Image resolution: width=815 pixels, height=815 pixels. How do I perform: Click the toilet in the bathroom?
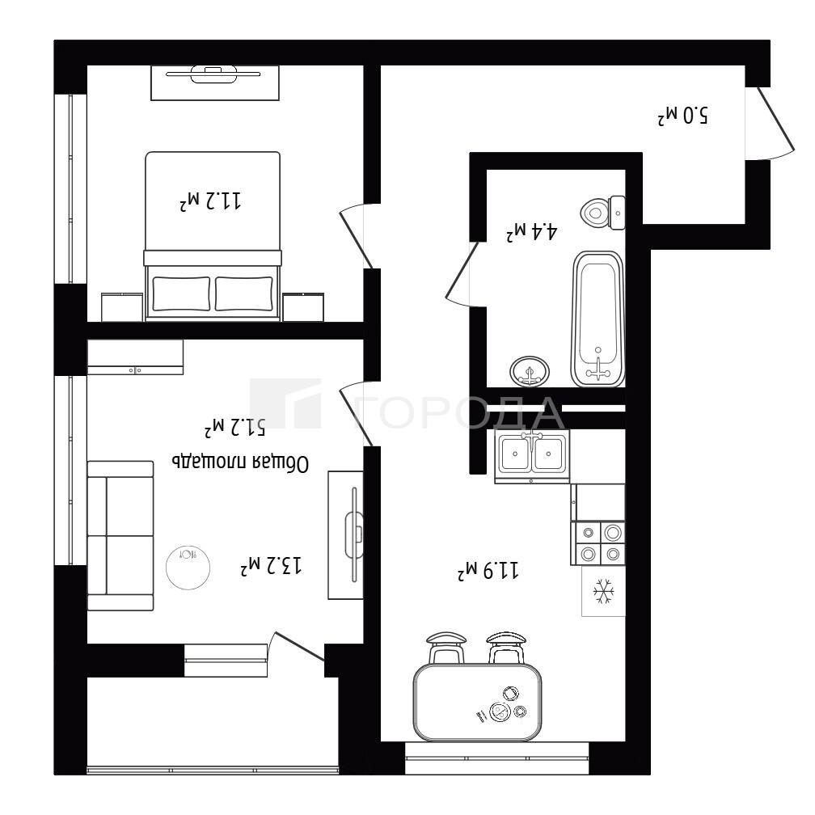point(602,213)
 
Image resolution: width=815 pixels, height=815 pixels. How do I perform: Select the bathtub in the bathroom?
point(598,319)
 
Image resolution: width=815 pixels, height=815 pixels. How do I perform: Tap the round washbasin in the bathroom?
point(530,371)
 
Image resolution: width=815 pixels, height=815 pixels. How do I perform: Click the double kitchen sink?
point(532,454)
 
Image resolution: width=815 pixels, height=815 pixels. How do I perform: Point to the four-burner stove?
point(598,543)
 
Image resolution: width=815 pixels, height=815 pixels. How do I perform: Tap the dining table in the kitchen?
point(477,702)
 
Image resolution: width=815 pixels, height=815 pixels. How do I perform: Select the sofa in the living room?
point(120,535)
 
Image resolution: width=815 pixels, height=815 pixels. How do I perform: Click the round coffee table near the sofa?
point(188,567)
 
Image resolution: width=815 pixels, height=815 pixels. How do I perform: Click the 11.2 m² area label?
point(210,201)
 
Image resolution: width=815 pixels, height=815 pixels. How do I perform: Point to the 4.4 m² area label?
point(532,231)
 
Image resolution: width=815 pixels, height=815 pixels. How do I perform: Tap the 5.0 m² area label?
point(682,116)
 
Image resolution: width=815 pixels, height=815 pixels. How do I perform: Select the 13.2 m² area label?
point(271,565)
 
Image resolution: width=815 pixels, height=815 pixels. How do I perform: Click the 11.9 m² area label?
point(488,570)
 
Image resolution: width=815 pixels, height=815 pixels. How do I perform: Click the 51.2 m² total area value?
point(234,427)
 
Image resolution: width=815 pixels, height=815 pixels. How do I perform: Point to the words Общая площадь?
point(240,462)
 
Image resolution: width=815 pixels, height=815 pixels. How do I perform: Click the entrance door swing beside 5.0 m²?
point(771,123)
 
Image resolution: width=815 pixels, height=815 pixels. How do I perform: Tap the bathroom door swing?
point(462,274)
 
